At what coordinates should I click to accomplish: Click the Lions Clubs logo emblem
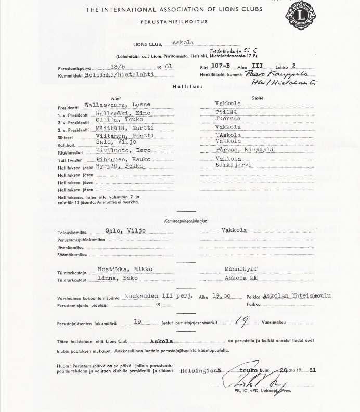(x=301, y=15)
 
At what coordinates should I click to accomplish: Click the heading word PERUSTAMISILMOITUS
(x=174, y=22)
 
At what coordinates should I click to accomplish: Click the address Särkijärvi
(x=234, y=165)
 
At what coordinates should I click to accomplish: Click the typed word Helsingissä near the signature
(x=200, y=371)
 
